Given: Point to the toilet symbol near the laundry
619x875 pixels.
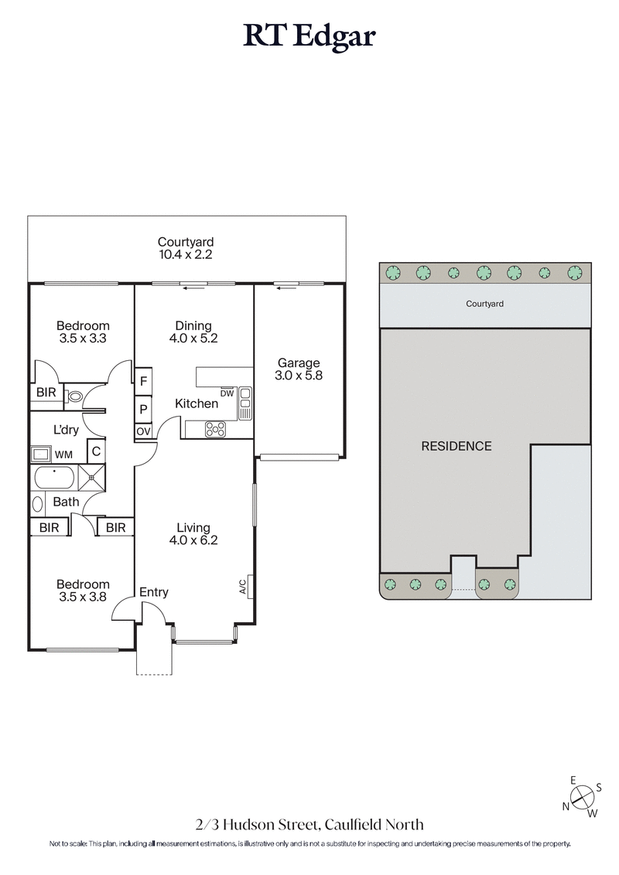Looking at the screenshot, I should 75,397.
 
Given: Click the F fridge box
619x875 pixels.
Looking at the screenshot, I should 144,380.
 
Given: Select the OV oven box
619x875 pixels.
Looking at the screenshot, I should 144,431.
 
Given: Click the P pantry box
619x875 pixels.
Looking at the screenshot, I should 144,407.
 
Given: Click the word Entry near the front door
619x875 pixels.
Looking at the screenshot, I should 153,592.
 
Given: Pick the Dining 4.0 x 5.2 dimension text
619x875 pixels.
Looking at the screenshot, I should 193,332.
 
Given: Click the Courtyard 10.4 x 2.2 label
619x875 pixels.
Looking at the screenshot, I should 186,247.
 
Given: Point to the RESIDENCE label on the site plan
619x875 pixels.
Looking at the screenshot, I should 456,446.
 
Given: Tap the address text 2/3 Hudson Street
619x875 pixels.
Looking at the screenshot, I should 309,825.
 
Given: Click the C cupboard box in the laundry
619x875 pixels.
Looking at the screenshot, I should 96,451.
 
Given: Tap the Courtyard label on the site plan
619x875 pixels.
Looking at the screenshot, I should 484,304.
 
